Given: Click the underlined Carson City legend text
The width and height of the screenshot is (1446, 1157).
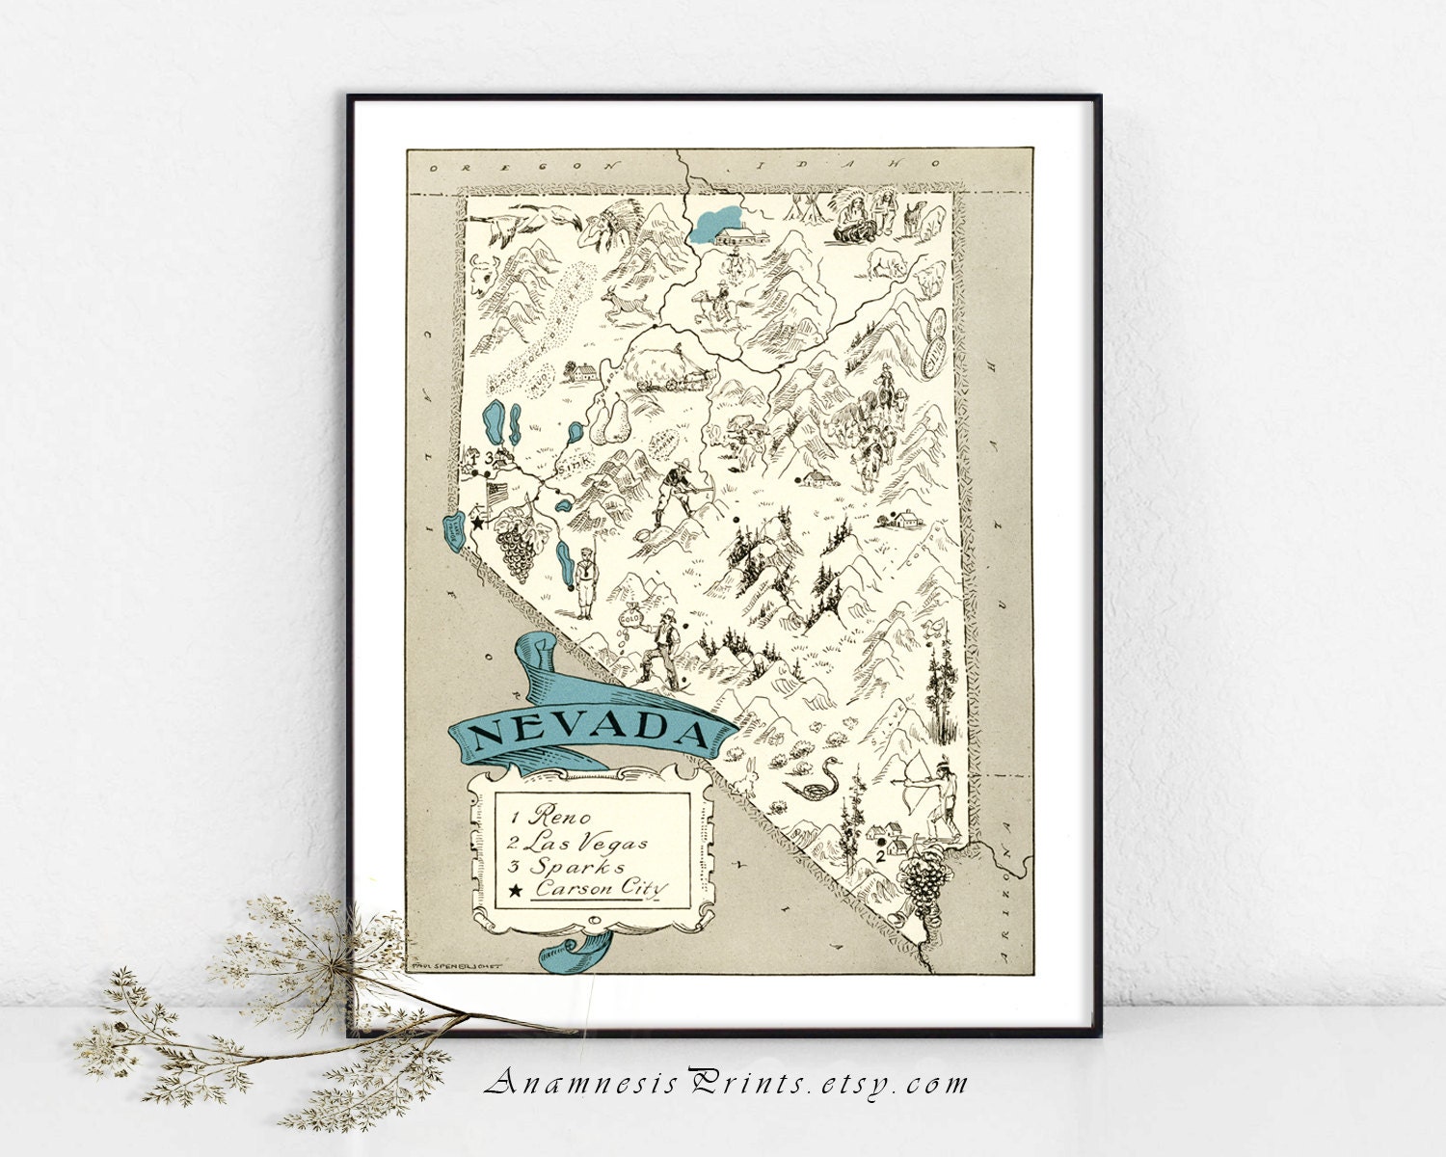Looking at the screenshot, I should point(602,889).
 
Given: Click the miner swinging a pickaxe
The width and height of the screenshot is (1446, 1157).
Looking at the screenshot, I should point(674,492).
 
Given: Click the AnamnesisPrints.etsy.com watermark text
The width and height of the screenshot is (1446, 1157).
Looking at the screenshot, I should point(726,1084).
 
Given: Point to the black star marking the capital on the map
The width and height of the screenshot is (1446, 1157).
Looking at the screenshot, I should point(476,522).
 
